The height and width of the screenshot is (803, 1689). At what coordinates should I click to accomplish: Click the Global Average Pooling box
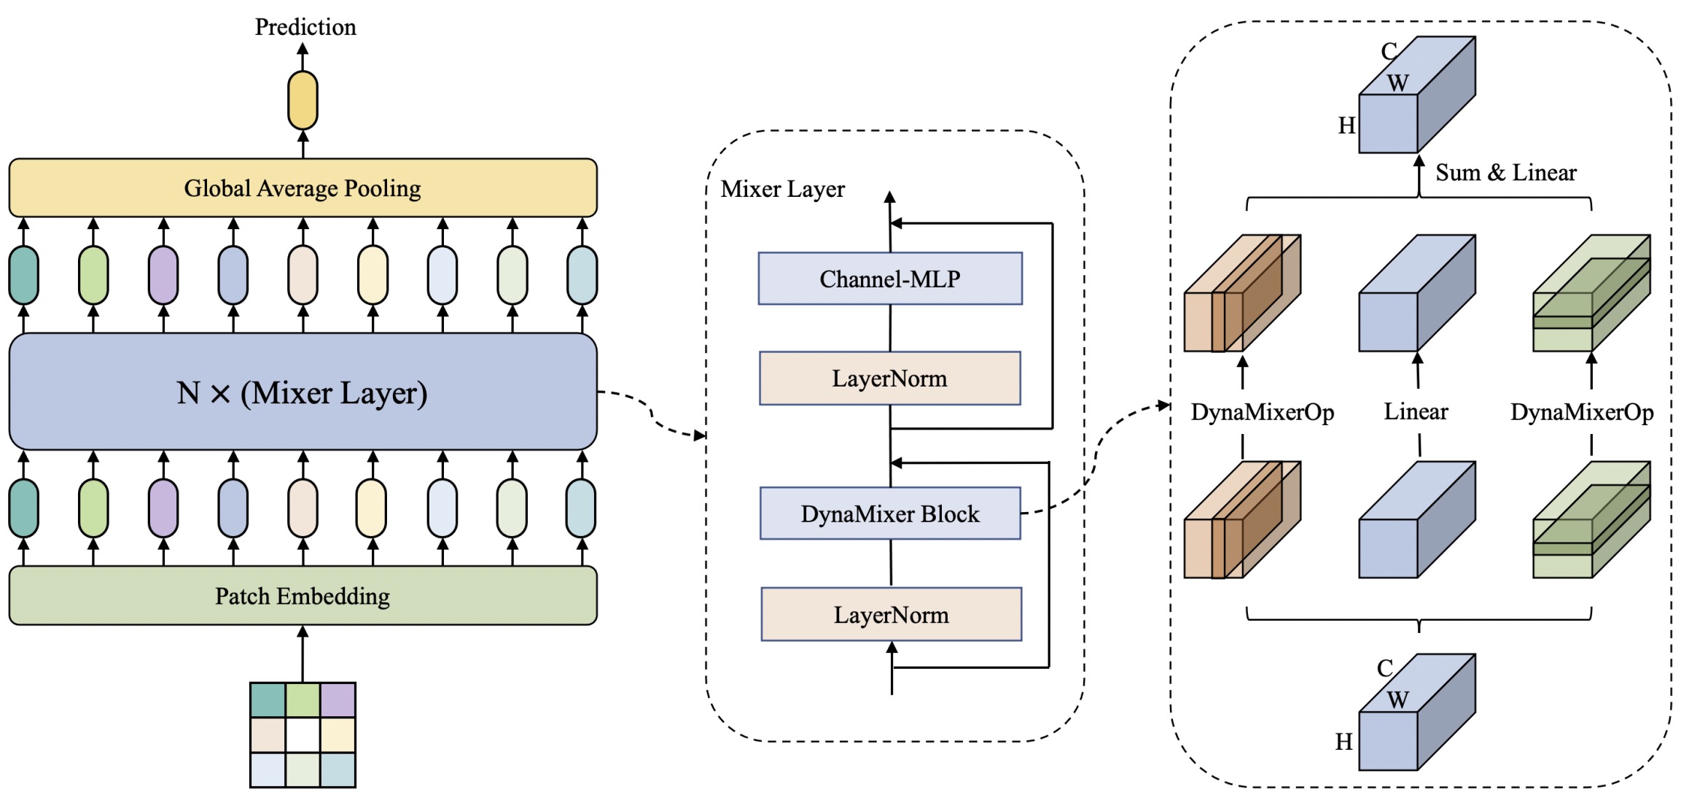[x=303, y=188]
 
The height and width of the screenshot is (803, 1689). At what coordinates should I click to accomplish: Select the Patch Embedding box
[x=303, y=596]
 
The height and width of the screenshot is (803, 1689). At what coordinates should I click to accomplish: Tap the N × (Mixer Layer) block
[x=303, y=392]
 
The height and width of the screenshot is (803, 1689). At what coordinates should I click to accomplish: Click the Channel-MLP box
[x=890, y=279]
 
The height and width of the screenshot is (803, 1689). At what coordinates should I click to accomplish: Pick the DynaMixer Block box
[x=890, y=513]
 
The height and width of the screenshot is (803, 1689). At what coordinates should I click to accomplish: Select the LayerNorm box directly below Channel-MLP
[x=890, y=379]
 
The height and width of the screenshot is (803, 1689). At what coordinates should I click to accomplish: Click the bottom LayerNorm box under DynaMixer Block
[x=892, y=615]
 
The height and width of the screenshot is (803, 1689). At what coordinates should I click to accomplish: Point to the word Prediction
[x=305, y=27]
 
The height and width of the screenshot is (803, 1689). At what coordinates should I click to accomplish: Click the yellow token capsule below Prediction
[x=303, y=100]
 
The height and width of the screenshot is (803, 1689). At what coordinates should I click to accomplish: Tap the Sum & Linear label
[x=1506, y=173]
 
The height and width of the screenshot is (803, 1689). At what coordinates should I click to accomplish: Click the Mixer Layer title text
[x=782, y=190]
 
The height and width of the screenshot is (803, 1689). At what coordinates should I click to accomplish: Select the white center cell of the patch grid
[x=303, y=735]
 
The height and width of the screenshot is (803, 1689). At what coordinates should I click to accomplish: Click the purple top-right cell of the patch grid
[x=338, y=700]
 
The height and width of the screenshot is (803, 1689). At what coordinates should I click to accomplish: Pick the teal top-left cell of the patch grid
[x=268, y=700]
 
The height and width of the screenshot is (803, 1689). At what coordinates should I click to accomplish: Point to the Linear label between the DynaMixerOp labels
[x=1416, y=412]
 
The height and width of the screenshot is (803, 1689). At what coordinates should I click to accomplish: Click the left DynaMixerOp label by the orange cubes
[x=1262, y=413]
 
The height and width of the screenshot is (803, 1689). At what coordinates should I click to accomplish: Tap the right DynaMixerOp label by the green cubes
[x=1581, y=413]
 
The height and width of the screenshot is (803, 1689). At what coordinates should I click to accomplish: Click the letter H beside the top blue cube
[x=1346, y=126]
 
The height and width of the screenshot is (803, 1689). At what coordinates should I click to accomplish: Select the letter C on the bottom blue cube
[x=1385, y=668]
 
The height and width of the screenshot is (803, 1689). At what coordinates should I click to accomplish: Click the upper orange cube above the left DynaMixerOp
[x=1241, y=294]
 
